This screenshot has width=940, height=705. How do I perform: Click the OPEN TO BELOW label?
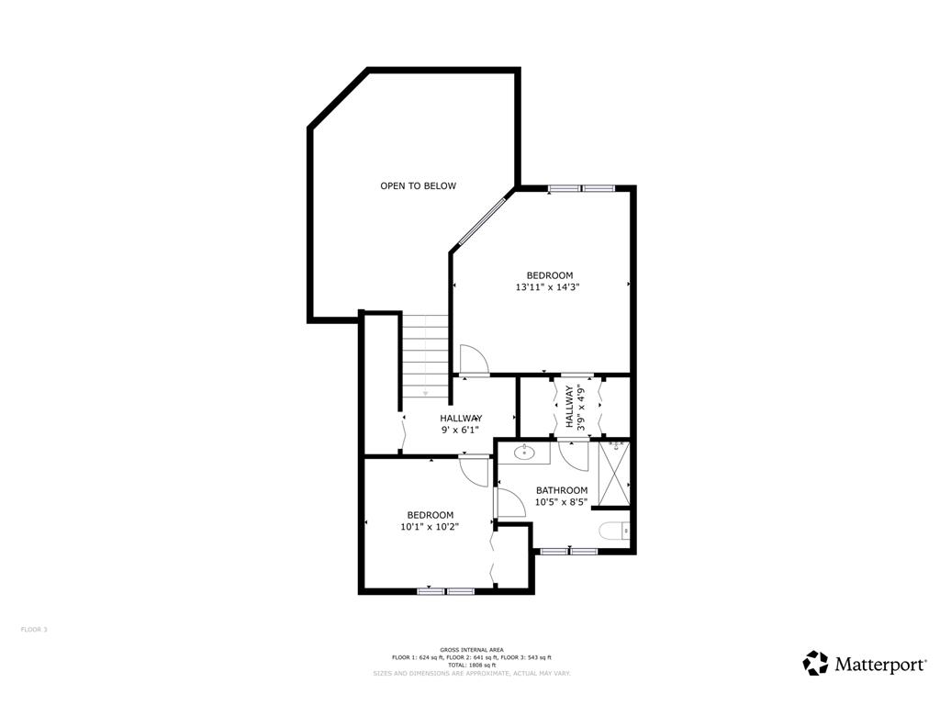tap(418, 186)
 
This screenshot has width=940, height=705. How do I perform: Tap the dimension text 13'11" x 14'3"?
tap(548, 287)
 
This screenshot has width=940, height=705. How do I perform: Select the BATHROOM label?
tap(562, 490)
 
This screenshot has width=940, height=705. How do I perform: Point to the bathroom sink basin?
tap(524, 452)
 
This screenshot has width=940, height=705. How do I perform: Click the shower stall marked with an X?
tap(614, 474)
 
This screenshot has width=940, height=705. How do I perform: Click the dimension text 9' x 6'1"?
tap(460, 430)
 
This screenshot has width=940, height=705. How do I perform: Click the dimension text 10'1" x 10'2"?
tap(430, 527)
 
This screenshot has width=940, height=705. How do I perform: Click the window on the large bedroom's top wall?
tap(580, 189)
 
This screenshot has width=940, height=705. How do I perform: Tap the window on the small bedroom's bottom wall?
tap(446, 591)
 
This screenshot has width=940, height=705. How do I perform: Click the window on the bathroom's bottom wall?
tap(568, 551)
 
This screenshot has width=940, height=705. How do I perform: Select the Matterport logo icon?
tap(815, 663)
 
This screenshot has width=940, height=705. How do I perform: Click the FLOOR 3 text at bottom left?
tap(34, 630)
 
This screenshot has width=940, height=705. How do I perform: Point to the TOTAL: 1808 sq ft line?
tap(471, 665)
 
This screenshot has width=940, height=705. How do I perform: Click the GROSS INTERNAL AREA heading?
tap(471, 650)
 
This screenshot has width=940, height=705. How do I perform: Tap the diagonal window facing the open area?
tap(483, 218)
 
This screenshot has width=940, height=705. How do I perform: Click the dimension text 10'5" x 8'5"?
tap(562, 502)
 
